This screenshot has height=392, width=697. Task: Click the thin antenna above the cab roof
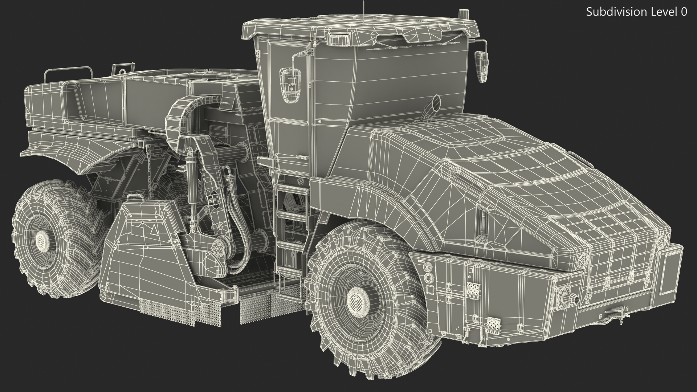(363, 5)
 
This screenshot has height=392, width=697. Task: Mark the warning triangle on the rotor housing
(154, 230)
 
